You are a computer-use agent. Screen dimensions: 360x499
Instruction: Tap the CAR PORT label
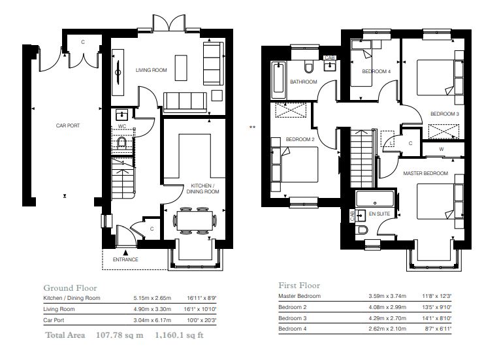pos(68,125)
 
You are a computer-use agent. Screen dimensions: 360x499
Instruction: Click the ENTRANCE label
pos(125,259)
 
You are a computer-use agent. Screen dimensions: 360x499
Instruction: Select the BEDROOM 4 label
pos(376,71)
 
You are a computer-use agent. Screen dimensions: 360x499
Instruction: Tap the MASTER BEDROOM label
pos(425,173)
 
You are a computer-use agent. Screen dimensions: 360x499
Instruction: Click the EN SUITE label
pos(378,214)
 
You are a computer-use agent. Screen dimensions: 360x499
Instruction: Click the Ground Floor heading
pos(70,287)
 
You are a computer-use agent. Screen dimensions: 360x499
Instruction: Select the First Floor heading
pos(299,286)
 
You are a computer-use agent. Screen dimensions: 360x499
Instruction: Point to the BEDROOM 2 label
pos(300,139)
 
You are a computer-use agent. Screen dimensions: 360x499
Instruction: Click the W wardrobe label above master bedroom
pos(442,149)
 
